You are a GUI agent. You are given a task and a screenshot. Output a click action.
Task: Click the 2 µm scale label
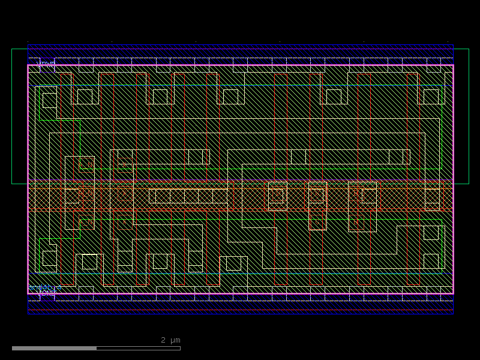pyautogui.click(x=170, y=340)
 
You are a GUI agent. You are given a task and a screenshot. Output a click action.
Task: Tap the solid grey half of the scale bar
pyautogui.click(x=54, y=348)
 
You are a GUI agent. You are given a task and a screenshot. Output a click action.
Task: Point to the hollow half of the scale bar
pyautogui.click(x=138, y=348)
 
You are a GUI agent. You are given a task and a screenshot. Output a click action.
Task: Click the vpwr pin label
pyautogui.click(x=46, y=63)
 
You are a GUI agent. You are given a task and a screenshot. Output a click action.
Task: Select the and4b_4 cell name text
pyautogui.click(x=45, y=287)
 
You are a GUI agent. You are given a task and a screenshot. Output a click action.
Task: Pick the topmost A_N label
pyautogui.click(x=86, y=165)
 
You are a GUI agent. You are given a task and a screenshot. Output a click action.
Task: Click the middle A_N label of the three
pyautogui.click(x=86, y=193)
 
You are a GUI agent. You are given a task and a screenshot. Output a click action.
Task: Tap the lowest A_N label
pyautogui.click(x=86, y=223)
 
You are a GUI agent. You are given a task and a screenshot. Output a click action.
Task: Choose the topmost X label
pyautogui.click(x=125, y=165)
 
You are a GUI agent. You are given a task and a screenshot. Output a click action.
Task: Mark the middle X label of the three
pyautogui.click(x=125, y=193)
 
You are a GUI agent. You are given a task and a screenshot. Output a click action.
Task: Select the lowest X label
pyautogui.click(x=125, y=223)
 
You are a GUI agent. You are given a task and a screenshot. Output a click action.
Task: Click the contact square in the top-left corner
pyautogui.click(x=49, y=100)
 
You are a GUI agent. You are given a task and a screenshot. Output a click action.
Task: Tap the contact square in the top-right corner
pyautogui.click(x=431, y=96)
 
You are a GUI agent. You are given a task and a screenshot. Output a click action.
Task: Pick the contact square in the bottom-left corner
pyautogui.click(x=49, y=258)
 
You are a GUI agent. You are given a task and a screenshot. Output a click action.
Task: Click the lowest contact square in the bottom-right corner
pyautogui.click(x=431, y=261)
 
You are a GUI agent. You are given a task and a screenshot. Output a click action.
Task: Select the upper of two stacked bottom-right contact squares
pyautogui.click(x=431, y=232)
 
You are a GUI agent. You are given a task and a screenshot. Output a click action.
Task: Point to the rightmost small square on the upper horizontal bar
pyautogui.click(x=396, y=157)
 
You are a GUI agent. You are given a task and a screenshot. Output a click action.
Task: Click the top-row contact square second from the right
pyautogui.click(x=334, y=96)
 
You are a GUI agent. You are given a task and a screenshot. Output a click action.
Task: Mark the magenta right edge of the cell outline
pyautogui.click(x=453, y=180)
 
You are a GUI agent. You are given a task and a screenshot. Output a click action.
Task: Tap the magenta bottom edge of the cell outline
pyautogui.click(x=240, y=293)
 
